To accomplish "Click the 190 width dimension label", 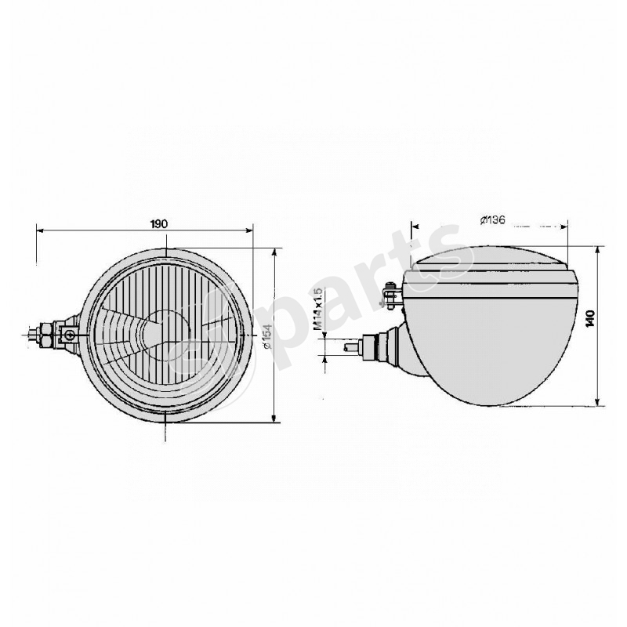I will [x=159, y=223].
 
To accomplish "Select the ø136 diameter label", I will [x=491, y=219].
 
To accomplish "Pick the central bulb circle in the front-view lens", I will [x=167, y=333].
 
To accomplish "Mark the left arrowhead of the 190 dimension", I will [x=40, y=230].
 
